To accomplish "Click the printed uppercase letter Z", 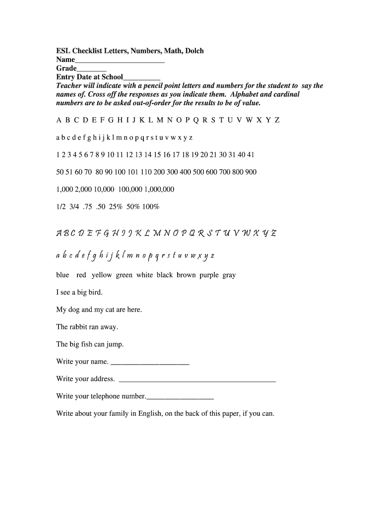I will coord(277,121).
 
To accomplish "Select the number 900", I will coord(251,172).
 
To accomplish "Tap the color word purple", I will coord(209,275).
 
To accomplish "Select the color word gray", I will coord(229,275).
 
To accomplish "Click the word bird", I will coord(95,293).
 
